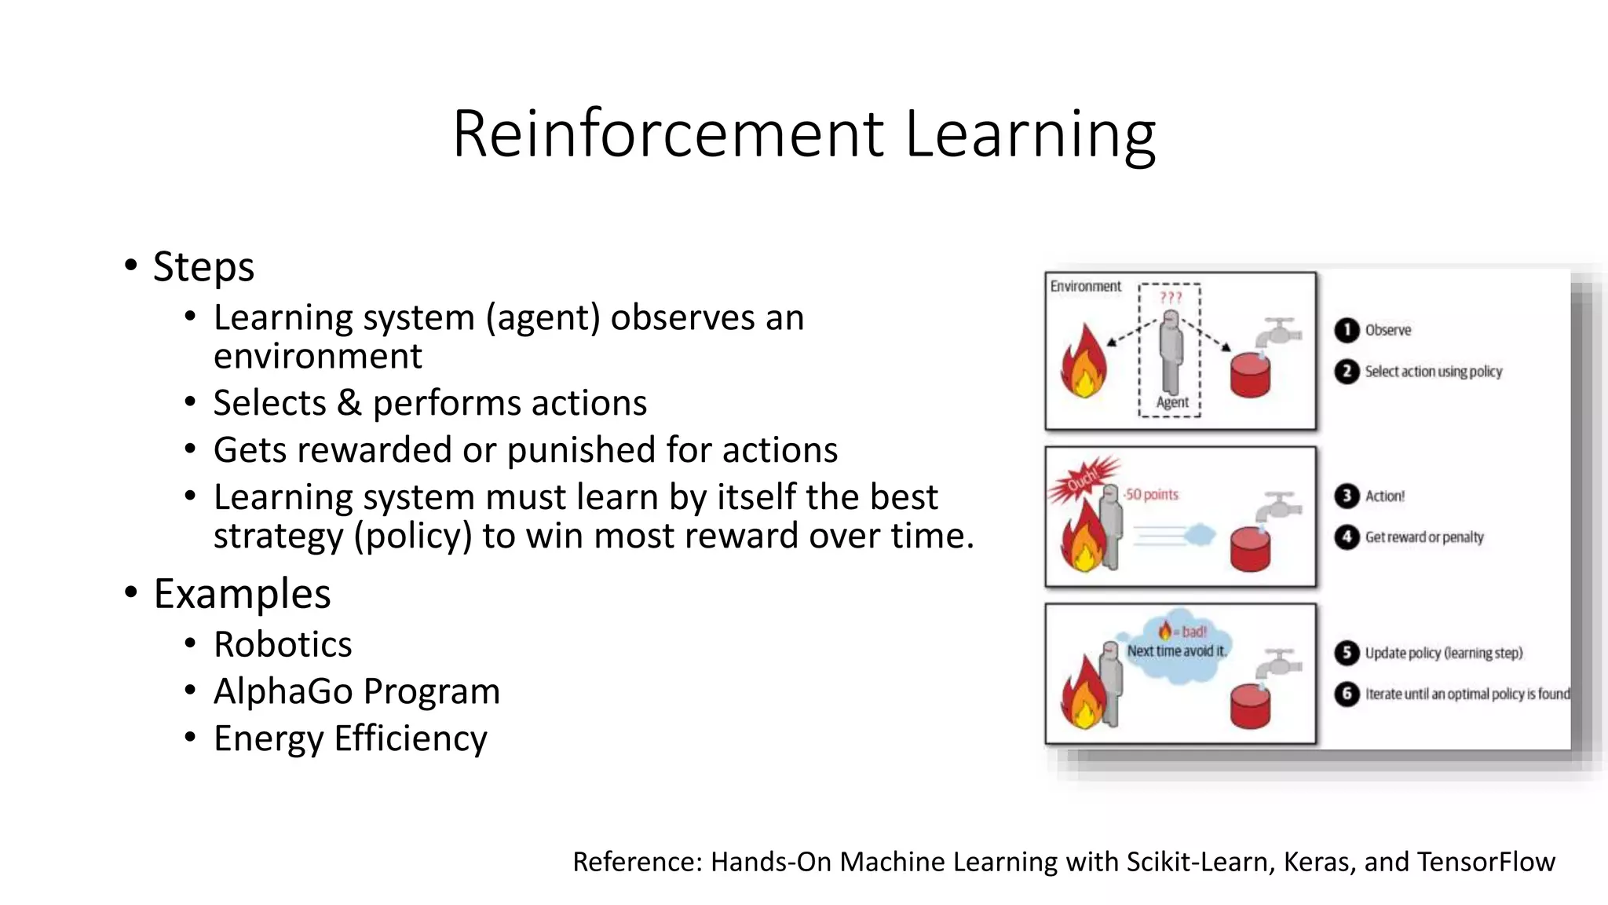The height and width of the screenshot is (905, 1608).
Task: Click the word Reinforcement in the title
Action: click(668, 134)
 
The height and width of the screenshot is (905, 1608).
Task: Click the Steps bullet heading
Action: click(203, 266)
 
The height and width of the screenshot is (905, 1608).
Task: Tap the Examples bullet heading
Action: click(242, 593)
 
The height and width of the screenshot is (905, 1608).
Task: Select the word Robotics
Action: click(283, 644)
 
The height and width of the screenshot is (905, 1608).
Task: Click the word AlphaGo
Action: click(283, 691)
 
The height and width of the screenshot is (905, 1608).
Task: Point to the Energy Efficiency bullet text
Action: click(350, 738)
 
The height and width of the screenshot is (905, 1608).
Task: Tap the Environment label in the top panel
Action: click(1086, 287)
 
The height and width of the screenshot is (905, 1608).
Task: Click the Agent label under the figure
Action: click(1172, 402)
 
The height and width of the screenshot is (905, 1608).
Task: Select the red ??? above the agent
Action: click(1170, 298)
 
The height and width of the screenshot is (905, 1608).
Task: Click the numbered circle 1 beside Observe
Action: click(1347, 330)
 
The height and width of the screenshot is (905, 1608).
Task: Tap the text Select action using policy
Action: click(1433, 372)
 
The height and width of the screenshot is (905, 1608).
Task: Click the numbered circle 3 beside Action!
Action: click(1347, 496)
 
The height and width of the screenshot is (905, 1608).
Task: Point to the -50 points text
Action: click(1151, 494)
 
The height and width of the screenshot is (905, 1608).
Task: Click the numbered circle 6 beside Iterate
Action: click(1347, 694)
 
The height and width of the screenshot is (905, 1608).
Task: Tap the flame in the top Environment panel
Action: click(1084, 363)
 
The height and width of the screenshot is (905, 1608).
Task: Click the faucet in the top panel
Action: click(1278, 333)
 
